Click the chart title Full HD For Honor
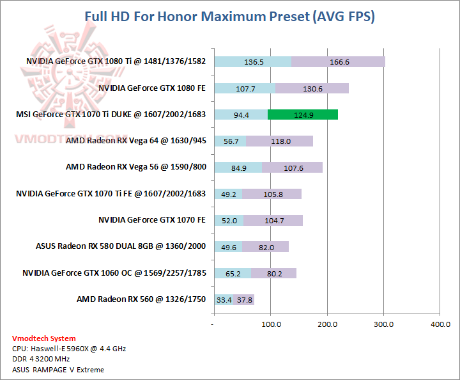pos(229,17)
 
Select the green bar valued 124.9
pos(302,115)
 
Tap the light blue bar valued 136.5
pos(252,62)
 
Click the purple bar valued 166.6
pos(338,62)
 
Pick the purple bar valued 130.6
pos(312,88)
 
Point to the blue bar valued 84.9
pos(238,168)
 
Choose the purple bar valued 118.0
pos(279,141)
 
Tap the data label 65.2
pos(233,273)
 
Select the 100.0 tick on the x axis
pos(271,324)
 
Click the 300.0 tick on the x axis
pos(383,324)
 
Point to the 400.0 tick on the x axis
pos(440,324)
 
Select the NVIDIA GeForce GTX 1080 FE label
pos(152,88)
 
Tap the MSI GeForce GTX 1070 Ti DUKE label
pos(111,115)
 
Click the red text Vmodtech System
pos(43,338)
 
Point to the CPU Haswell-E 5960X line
pos(69,349)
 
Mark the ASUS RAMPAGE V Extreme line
pos(57,369)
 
